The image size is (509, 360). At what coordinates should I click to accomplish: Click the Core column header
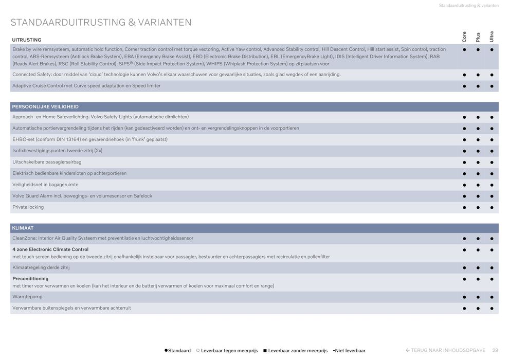coord(464,37)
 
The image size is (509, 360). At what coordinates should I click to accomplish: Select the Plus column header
coord(478,37)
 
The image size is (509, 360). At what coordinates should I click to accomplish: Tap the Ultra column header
coord(492,37)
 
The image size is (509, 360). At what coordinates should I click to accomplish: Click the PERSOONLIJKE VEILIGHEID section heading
coord(45,106)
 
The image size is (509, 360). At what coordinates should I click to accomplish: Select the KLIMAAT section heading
coord(23,228)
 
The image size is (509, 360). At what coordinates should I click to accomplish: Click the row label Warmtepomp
coord(27,297)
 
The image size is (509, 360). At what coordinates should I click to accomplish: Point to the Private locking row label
coord(28,207)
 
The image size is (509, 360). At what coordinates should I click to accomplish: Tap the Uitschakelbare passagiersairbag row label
coord(47,162)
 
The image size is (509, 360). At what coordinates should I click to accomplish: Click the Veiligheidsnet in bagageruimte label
coord(45,185)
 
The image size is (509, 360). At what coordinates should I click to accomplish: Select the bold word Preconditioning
coord(30,279)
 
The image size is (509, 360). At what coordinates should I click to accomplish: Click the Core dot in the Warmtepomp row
coord(464,297)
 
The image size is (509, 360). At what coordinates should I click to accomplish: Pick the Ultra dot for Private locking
coord(492,208)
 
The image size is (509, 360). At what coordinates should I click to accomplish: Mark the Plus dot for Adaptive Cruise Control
coord(478,86)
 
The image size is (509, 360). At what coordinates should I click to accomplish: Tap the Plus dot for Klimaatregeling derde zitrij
coord(478,268)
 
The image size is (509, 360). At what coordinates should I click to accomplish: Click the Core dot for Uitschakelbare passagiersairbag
coord(464,163)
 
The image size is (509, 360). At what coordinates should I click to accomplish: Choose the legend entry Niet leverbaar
coord(350,351)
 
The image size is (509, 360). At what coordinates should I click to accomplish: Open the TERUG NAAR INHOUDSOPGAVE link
coord(446,350)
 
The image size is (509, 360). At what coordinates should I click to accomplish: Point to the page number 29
coord(495,350)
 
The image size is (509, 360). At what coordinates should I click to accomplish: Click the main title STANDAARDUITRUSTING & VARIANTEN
coord(101,23)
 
